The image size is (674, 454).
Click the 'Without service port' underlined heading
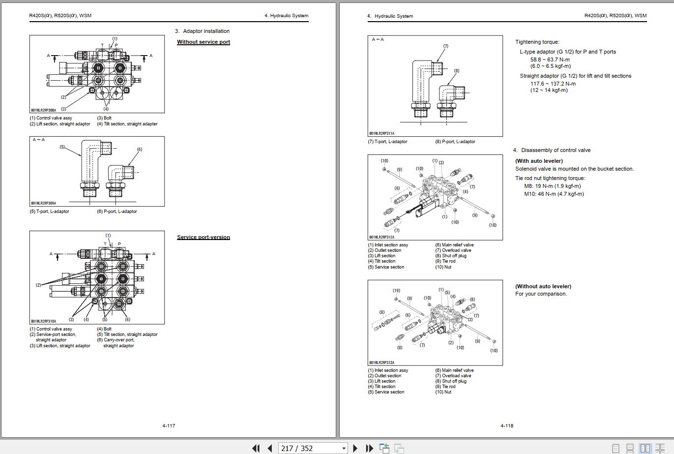click(x=204, y=42)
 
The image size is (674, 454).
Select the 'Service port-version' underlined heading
click(x=204, y=237)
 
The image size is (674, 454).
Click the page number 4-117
click(x=169, y=425)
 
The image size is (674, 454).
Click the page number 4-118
click(x=507, y=425)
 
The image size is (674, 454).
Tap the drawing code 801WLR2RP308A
click(x=44, y=111)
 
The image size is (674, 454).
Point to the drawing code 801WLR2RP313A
click(x=382, y=363)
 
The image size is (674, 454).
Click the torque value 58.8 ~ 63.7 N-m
click(x=550, y=60)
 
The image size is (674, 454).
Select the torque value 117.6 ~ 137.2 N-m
click(x=553, y=84)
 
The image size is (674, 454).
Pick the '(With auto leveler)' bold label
click(x=539, y=161)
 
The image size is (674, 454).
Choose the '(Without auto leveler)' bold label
click(x=543, y=286)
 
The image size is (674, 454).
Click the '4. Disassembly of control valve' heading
click(x=552, y=150)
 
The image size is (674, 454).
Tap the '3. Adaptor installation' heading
click(x=202, y=31)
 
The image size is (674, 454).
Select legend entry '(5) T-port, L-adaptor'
click(x=50, y=212)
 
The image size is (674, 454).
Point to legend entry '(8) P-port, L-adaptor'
click(x=455, y=142)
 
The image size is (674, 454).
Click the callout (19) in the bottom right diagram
click(x=396, y=291)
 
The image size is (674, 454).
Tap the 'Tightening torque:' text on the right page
click(x=537, y=42)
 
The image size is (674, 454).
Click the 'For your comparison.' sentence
click(x=541, y=294)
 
